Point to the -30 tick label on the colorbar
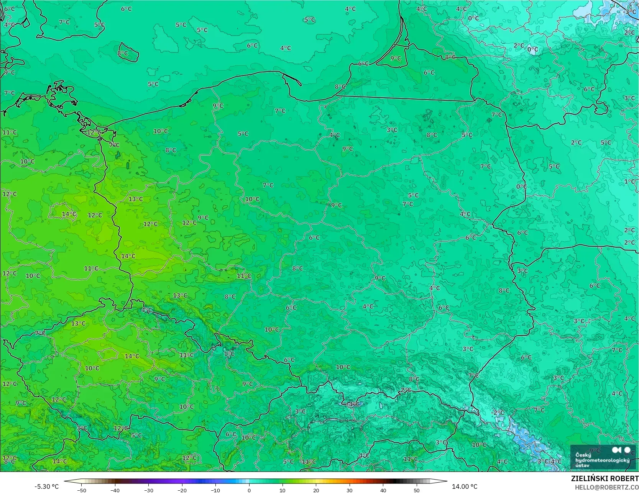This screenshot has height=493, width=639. pos(148,490)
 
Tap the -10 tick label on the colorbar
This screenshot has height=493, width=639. pos(215,490)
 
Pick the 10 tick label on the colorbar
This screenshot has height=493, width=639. pos(283,490)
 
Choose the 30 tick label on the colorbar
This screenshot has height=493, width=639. pos(349,490)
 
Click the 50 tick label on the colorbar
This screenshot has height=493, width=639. pos(416,490)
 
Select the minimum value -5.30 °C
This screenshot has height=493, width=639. pos(46,486)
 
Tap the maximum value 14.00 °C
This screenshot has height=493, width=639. pos(465,486)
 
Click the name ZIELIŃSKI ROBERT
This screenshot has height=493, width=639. pos(605,478)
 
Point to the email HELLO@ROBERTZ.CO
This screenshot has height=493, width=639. pos(606,487)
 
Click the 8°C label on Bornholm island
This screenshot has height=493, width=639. pos(123,53)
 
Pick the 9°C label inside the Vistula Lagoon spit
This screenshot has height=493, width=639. pos(396,58)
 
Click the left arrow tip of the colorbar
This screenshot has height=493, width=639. pos(64,481)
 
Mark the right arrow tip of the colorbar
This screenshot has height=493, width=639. pos(447,481)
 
